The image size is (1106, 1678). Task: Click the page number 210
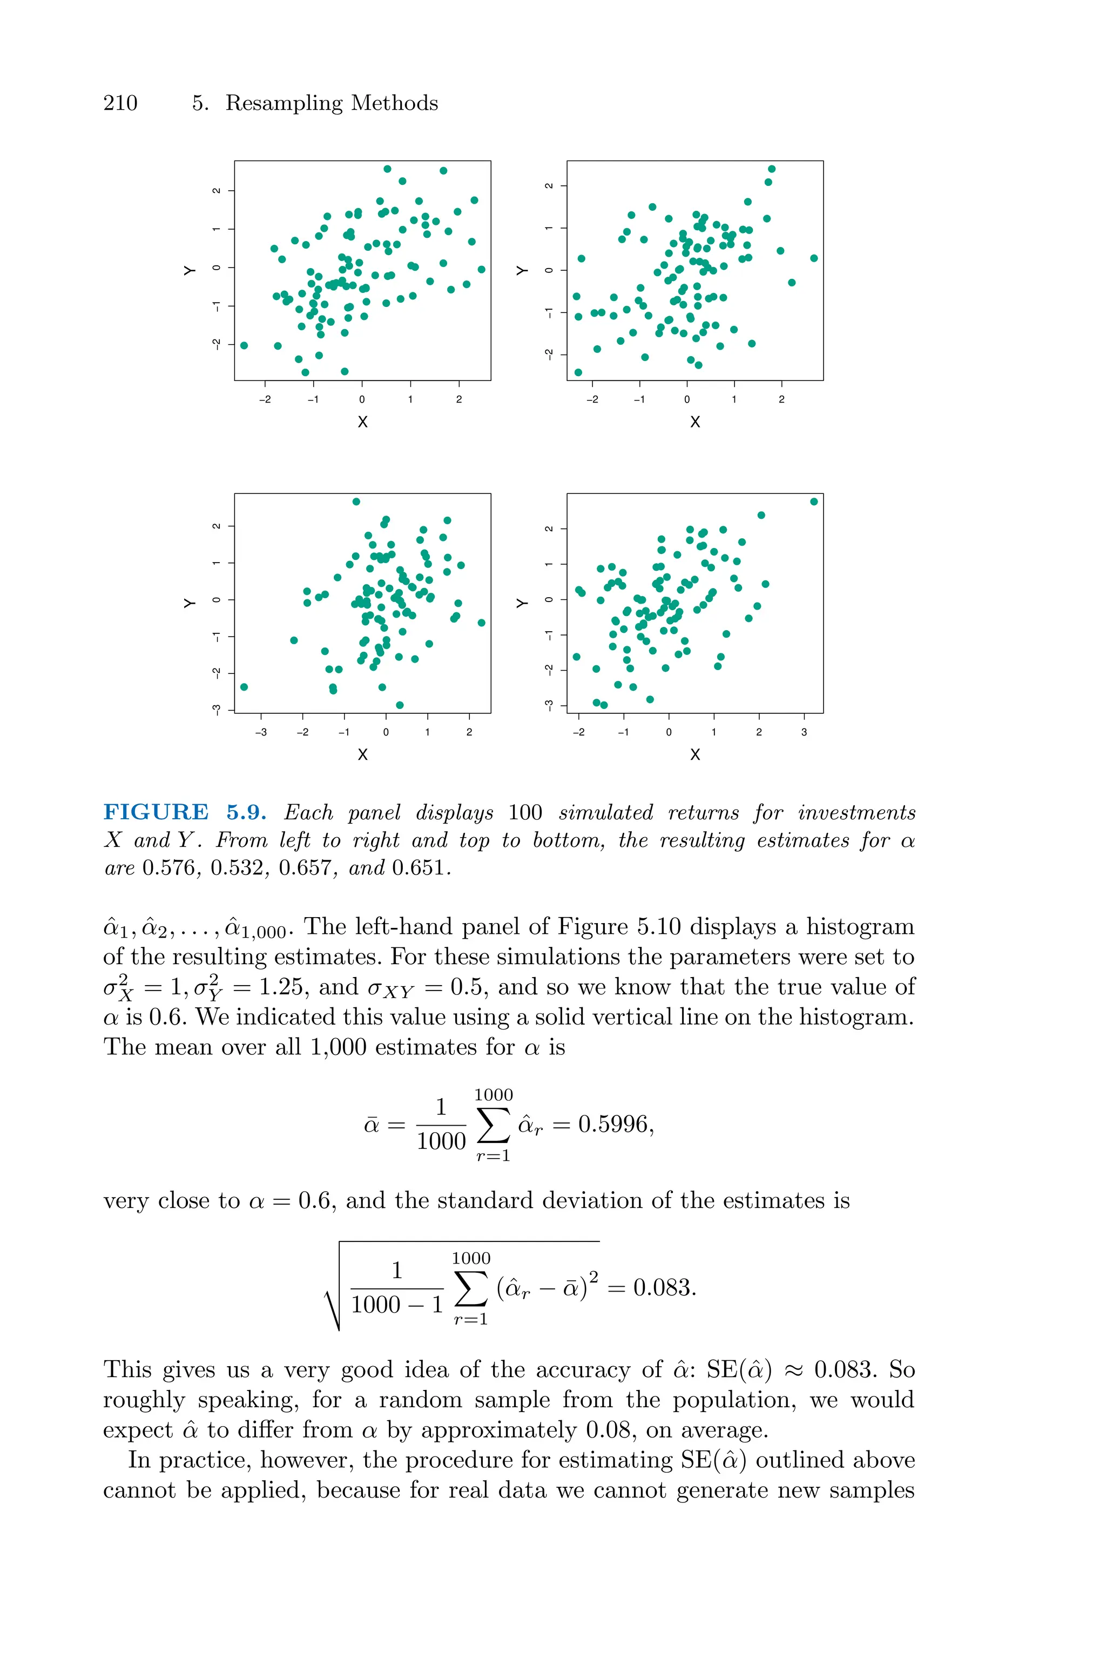(x=120, y=103)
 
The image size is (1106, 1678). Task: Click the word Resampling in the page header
(x=284, y=104)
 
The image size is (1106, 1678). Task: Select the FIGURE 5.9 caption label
(x=185, y=812)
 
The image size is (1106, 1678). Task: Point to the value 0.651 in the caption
(x=420, y=868)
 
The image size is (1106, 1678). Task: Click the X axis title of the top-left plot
(x=362, y=422)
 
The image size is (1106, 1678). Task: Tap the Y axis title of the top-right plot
(x=522, y=270)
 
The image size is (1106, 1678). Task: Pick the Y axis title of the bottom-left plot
(x=190, y=603)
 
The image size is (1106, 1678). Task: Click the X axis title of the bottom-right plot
(x=695, y=755)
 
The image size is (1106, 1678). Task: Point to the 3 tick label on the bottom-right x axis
(x=804, y=732)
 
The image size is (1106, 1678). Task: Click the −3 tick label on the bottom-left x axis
(x=261, y=732)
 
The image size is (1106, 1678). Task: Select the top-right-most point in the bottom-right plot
(x=814, y=502)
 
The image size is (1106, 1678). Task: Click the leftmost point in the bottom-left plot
(x=244, y=686)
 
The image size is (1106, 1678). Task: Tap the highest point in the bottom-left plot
(x=356, y=502)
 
